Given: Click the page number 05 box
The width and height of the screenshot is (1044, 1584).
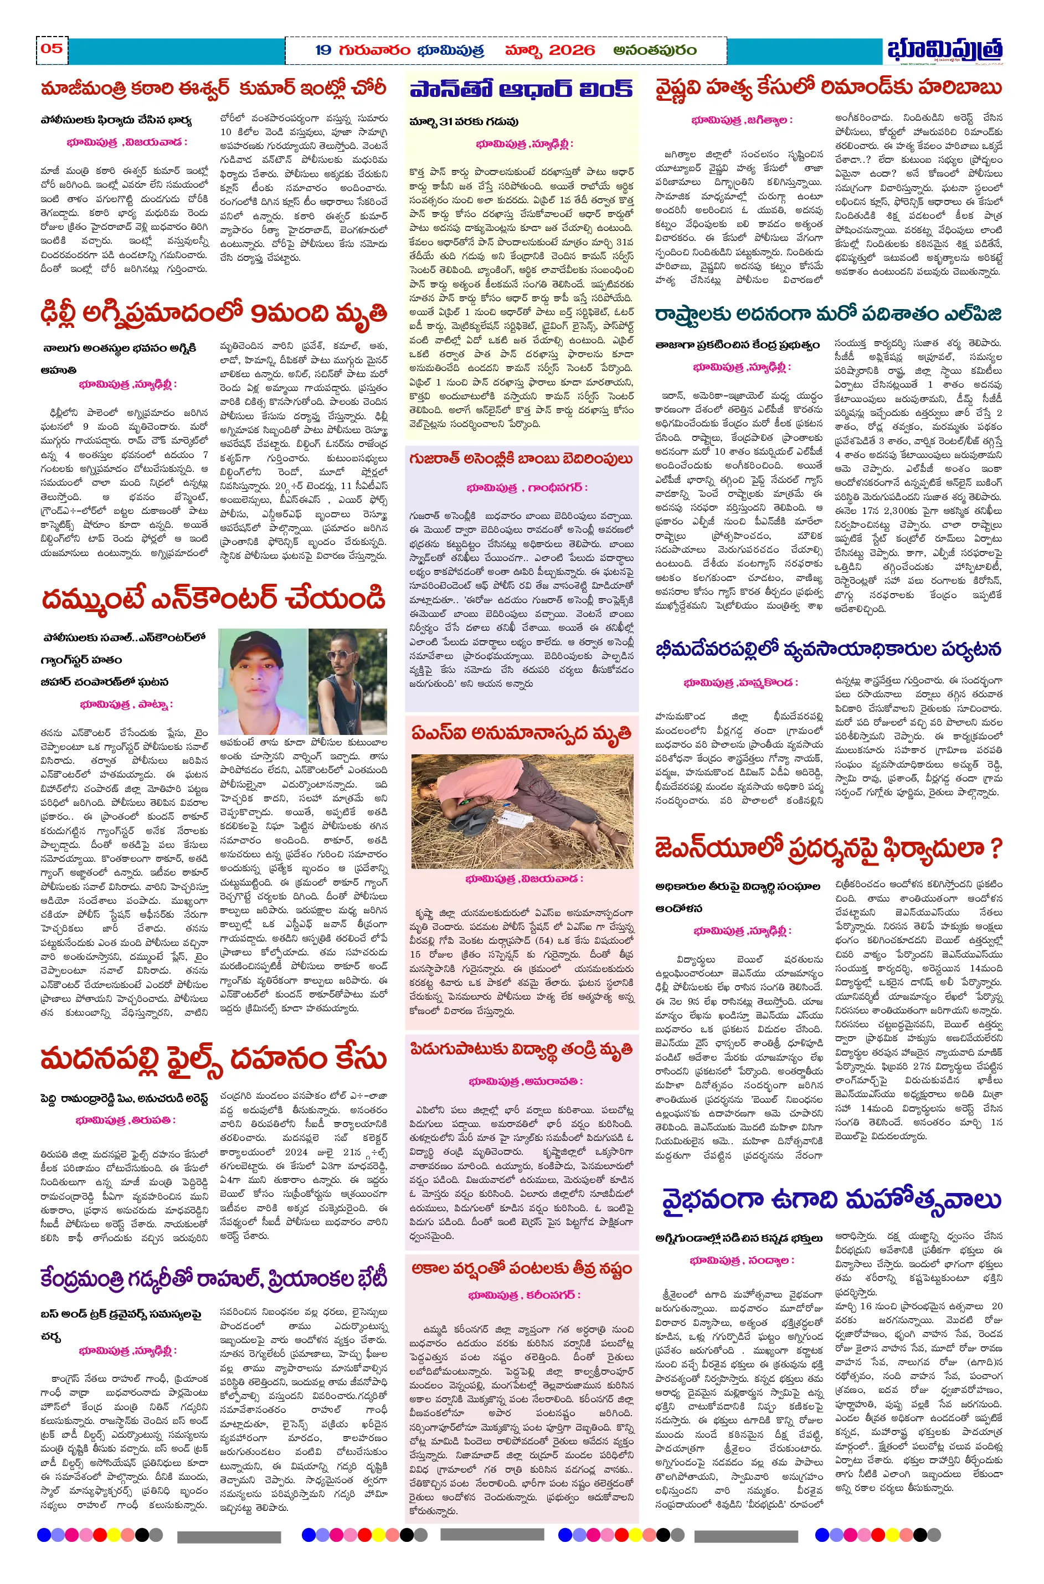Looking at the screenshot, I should click(x=52, y=49).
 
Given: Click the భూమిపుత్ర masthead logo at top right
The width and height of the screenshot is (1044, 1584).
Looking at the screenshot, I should click(x=944, y=50).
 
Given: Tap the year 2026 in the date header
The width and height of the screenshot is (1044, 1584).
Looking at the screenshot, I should click(x=572, y=50).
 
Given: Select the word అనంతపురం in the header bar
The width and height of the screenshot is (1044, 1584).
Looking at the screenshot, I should click(x=655, y=50).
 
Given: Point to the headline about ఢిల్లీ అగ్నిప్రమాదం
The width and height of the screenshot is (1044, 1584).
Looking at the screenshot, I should click(x=214, y=312).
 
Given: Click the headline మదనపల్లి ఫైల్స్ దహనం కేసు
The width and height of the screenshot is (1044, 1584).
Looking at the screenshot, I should click(x=213, y=1060).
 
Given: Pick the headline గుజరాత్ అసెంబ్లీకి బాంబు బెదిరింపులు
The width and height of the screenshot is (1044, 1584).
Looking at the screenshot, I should click(x=521, y=459).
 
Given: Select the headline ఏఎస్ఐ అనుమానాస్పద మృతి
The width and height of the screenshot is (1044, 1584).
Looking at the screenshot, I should click(x=521, y=734).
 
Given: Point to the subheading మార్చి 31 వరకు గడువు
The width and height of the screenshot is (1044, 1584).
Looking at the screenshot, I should click(x=464, y=122).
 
